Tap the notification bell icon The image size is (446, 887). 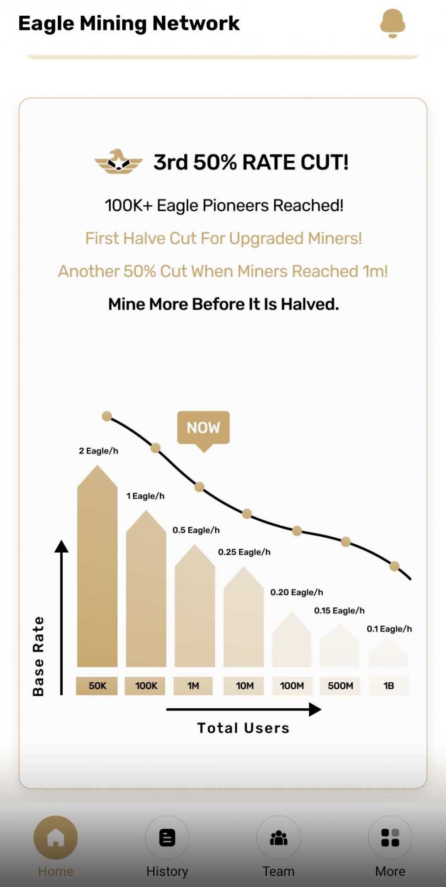(x=392, y=23)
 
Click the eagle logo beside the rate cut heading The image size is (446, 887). (x=119, y=162)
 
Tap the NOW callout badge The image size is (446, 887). (x=203, y=428)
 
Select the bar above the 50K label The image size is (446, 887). (x=97, y=568)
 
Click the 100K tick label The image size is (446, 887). (x=146, y=686)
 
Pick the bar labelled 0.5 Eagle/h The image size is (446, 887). (x=195, y=608)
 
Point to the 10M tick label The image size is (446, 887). (x=244, y=686)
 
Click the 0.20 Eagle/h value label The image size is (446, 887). (x=296, y=592)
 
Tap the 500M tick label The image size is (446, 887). (x=340, y=686)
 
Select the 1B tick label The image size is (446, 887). (x=389, y=686)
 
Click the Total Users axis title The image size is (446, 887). (x=243, y=728)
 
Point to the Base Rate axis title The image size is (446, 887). (x=38, y=656)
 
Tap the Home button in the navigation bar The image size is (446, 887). (x=55, y=838)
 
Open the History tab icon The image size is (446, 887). (x=167, y=838)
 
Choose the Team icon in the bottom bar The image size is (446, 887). (x=278, y=838)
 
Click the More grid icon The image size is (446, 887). (x=390, y=838)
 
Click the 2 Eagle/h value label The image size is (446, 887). (x=98, y=451)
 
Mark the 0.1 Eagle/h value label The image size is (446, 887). (x=389, y=629)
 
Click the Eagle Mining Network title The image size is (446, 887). (x=129, y=23)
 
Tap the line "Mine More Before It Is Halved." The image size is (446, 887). (x=223, y=304)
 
